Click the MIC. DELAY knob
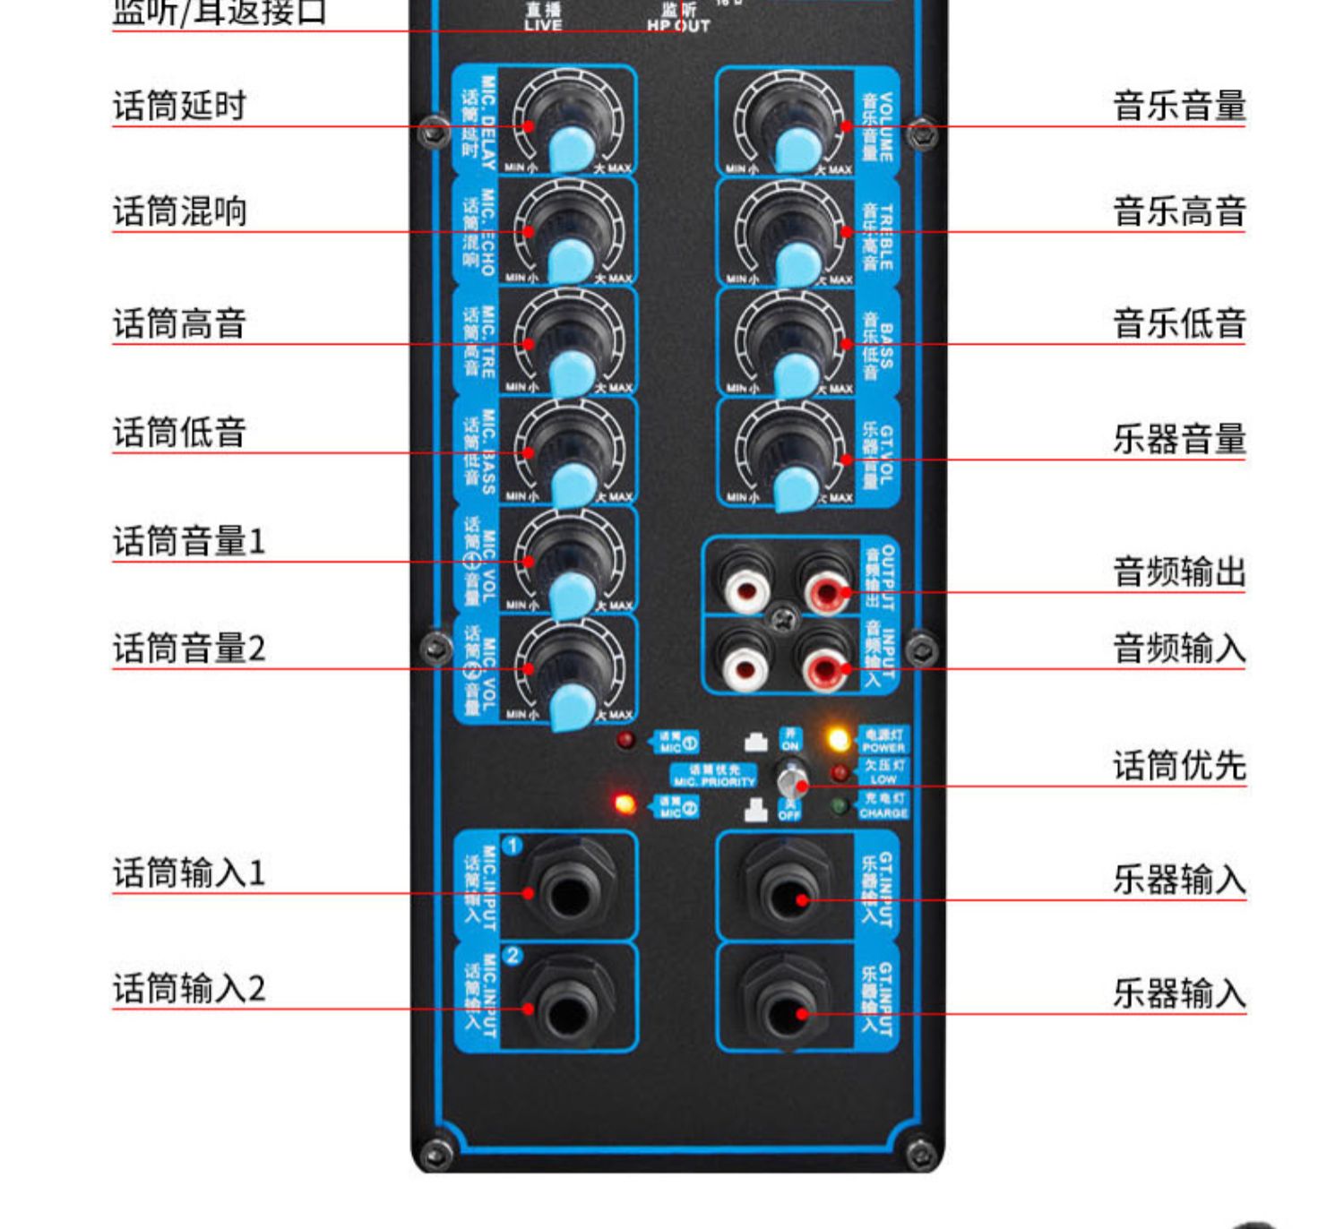pos(567,125)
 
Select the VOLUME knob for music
pos(789,125)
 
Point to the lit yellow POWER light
pos(839,740)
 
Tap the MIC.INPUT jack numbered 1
pos(568,892)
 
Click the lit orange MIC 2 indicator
pos(625,804)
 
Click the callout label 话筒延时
pos(179,106)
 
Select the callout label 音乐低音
pos(1179,323)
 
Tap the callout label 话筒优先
pos(1179,766)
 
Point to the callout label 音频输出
pos(1179,572)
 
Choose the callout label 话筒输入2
pos(189,989)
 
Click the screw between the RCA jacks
pos(785,616)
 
